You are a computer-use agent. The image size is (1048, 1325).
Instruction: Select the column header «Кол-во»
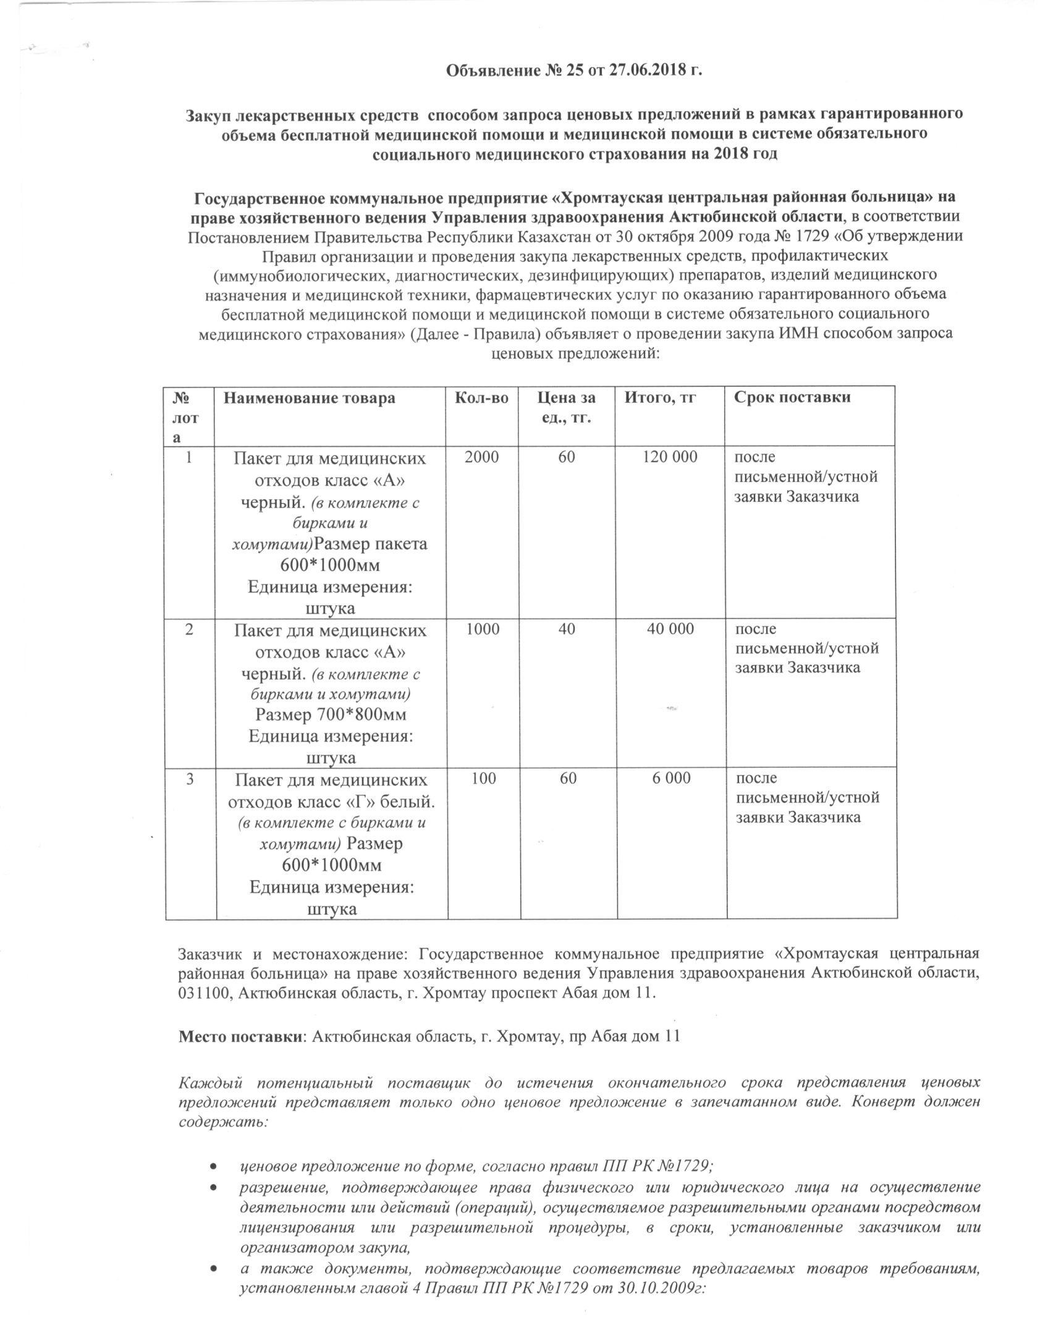[481, 398]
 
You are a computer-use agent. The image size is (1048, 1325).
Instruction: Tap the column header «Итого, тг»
[661, 398]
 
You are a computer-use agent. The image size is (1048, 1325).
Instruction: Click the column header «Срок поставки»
[792, 397]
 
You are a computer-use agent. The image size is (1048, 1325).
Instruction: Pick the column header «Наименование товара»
[309, 398]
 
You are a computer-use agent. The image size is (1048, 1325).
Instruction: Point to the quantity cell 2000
[481, 457]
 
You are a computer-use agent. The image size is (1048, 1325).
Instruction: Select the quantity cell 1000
[483, 629]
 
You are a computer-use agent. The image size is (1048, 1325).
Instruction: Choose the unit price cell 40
[567, 629]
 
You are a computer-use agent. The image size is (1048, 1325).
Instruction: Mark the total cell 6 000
[672, 778]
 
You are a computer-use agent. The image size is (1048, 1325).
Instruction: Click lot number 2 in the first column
[189, 629]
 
